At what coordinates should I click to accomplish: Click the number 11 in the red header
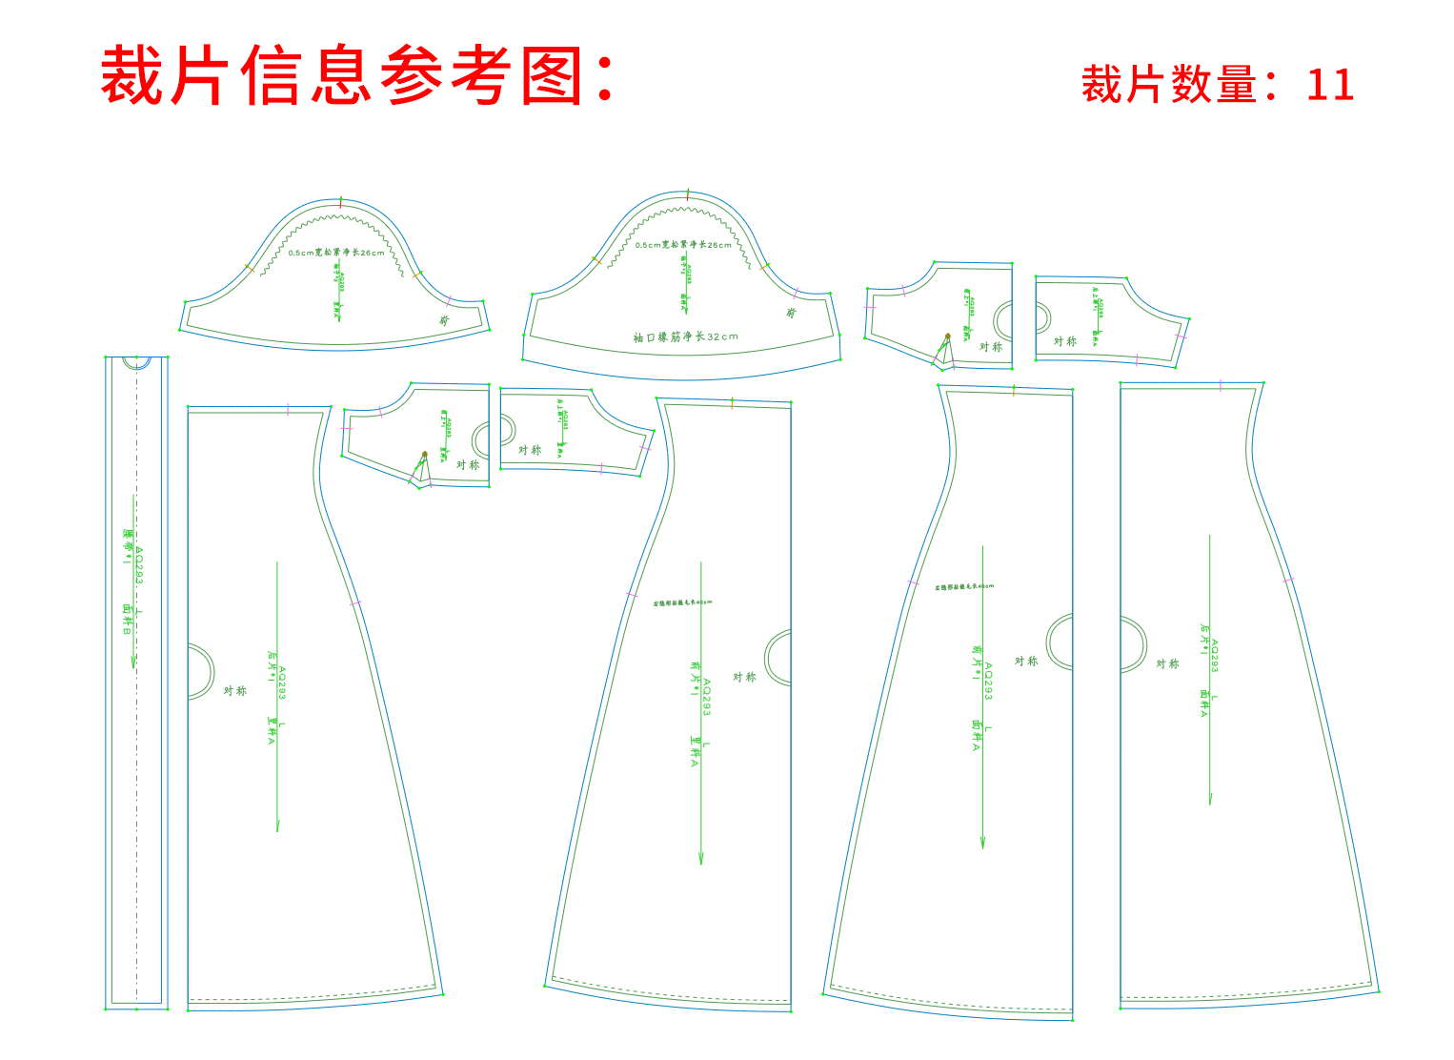point(1329,85)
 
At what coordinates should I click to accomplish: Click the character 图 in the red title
point(553,76)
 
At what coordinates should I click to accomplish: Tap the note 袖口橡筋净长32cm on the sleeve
point(685,337)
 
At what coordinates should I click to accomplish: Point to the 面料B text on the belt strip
point(127,619)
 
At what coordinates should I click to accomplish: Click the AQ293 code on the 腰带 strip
point(139,565)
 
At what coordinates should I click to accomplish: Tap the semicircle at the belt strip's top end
point(137,362)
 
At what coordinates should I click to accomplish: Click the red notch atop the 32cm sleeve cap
point(688,195)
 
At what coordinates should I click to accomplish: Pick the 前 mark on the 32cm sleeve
point(791,313)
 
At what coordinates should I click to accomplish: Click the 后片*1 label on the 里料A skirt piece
point(272,662)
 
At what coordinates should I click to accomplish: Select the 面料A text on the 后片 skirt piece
point(1204,703)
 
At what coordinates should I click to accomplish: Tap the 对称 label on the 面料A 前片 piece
point(1026,662)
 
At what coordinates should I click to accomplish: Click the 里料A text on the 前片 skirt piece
point(695,751)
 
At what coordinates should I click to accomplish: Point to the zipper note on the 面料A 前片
point(963,587)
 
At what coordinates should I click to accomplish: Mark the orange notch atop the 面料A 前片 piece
point(1014,389)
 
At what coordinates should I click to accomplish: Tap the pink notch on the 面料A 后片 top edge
point(1220,385)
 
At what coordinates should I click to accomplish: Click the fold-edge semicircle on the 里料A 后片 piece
point(201,672)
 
